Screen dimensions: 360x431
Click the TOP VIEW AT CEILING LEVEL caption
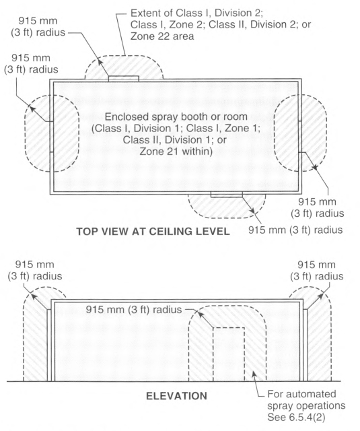(x=153, y=231)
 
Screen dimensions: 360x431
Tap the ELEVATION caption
(x=176, y=396)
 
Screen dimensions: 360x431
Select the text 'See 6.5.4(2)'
(x=296, y=418)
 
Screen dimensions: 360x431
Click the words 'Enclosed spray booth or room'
(x=176, y=117)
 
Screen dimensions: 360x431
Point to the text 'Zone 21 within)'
(x=176, y=152)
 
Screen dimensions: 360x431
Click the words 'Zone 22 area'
(x=162, y=36)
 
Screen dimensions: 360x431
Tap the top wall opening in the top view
(x=123, y=79)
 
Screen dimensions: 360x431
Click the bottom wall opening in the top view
(x=227, y=195)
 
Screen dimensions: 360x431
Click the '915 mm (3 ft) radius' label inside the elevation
(x=134, y=310)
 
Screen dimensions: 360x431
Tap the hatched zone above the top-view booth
(x=124, y=67)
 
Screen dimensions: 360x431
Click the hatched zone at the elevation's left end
(x=36, y=334)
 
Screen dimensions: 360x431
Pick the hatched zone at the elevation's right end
(x=318, y=334)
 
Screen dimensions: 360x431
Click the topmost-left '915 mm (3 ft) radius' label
(x=38, y=26)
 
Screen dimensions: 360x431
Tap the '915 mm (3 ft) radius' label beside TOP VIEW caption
(x=295, y=230)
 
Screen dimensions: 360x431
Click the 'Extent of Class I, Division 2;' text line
(x=196, y=13)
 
